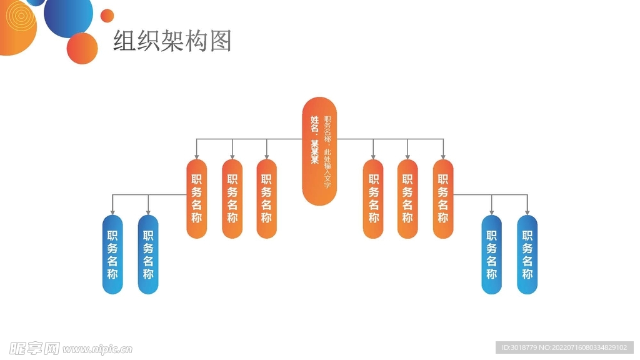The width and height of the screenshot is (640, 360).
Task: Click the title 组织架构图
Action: [172, 41]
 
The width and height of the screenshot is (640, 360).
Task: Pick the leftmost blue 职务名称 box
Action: [112, 254]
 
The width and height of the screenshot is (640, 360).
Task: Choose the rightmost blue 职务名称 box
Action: [527, 254]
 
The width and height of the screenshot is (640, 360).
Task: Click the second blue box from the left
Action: [148, 254]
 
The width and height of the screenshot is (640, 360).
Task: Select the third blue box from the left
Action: [491, 254]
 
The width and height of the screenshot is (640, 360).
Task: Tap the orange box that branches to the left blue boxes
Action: [196, 198]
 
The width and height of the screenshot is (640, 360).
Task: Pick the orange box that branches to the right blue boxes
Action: [443, 198]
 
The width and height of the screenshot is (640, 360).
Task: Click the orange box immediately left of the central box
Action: [267, 198]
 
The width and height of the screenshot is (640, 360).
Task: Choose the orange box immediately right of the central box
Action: [373, 198]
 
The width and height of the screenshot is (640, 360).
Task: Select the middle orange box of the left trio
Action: [232, 198]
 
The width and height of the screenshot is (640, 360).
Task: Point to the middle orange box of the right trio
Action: [407, 198]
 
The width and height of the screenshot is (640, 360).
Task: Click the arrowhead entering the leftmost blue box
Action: [112, 212]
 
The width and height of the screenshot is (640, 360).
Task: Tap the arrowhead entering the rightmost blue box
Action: [527, 212]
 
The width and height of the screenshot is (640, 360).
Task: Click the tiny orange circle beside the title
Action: [107, 16]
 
